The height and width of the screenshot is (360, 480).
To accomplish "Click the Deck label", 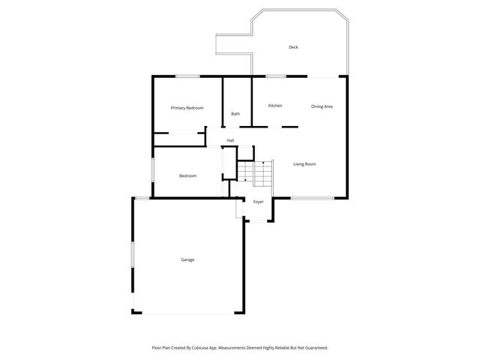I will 293,47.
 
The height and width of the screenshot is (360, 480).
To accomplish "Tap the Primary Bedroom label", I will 187,108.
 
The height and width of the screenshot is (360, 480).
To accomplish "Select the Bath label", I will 235,114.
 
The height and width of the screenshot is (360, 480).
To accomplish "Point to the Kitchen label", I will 275,106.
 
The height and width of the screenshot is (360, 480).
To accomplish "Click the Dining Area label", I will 322,106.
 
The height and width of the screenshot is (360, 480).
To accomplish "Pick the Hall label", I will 230,140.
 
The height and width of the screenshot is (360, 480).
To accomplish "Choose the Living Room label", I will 304,164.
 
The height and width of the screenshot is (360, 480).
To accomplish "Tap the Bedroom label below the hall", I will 187,175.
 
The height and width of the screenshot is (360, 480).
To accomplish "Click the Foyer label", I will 258,202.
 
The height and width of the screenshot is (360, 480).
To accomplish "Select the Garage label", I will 187,259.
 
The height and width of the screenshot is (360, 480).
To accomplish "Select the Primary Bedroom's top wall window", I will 187,76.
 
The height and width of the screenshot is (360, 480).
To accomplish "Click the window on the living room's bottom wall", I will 312,198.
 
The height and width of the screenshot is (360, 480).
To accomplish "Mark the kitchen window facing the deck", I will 275,76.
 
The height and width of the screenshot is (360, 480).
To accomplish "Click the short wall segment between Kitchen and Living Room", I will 290,127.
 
